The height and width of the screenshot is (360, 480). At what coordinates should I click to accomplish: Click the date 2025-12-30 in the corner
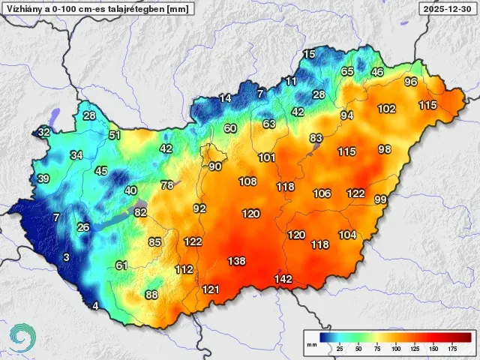point(448,9)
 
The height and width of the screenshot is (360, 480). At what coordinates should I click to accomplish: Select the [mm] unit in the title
point(177,9)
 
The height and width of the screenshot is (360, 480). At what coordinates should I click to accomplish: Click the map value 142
point(283,279)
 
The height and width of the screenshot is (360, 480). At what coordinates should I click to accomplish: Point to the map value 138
point(236,261)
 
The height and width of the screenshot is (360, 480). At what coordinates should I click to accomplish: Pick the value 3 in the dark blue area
point(66,257)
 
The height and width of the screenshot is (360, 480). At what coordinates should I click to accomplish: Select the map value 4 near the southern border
point(95,305)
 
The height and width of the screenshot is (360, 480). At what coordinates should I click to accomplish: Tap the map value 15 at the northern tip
point(309,54)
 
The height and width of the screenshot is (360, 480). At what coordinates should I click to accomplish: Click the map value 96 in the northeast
point(410,82)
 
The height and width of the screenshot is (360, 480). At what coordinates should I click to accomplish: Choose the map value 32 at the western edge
point(44,132)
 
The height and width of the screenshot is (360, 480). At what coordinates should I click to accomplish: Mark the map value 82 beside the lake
point(140,212)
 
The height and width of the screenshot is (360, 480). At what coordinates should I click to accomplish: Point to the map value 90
point(215,166)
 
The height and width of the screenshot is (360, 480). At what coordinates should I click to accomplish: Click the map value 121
point(211,289)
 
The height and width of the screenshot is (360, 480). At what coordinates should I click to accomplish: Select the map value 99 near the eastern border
point(380,199)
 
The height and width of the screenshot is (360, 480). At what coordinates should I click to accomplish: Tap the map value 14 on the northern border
point(225,98)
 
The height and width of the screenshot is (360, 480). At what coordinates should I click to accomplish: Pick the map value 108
point(247,181)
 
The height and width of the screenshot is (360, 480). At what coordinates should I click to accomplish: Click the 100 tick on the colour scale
point(396,349)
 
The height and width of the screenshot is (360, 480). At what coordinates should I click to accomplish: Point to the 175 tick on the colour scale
point(452,349)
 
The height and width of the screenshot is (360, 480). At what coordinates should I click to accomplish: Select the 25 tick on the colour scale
point(340,349)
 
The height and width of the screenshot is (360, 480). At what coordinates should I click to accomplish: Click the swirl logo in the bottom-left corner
point(22,337)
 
